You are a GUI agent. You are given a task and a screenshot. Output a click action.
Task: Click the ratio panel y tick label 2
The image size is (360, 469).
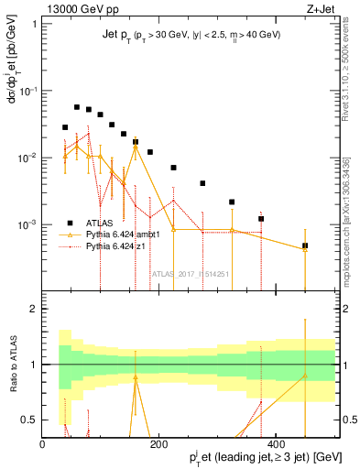click(x=34, y=309)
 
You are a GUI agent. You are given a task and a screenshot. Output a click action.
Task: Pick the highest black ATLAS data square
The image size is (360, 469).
click(x=77, y=107)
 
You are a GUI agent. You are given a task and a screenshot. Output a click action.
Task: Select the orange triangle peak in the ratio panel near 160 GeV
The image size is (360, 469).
click(x=136, y=376)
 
